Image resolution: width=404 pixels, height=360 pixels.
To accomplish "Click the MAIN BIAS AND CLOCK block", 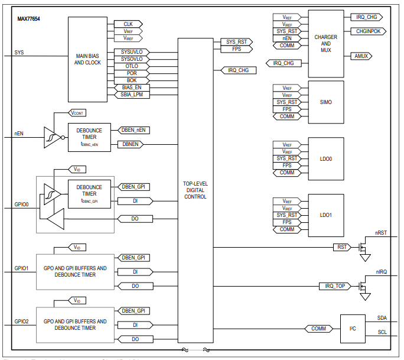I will [88, 59].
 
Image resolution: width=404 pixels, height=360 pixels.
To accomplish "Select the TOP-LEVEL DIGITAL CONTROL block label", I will [195, 190].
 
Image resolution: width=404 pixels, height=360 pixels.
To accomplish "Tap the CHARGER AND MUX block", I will [325, 43].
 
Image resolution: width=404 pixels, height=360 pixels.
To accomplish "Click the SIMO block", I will [325, 102].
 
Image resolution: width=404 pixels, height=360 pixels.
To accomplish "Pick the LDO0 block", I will [325, 159].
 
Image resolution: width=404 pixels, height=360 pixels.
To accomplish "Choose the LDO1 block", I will [325, 215].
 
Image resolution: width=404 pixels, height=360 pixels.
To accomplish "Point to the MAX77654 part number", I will [28, 19].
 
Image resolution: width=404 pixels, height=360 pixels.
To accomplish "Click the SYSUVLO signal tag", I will [132, 52].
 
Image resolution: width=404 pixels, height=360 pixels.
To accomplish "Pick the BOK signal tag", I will [132, 80].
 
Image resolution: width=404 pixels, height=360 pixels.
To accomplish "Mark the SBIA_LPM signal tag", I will [132, 95].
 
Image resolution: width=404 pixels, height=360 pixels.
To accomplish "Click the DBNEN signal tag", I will [132, 144].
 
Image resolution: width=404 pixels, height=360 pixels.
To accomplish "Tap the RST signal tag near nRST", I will [341, 247].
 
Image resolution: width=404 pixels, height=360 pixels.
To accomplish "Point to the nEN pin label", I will [19, 134].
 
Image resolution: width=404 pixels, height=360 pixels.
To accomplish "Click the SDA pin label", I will [382, 318].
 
